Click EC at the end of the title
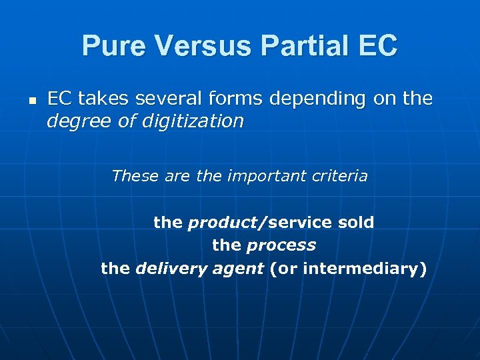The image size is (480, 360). coord(378,46)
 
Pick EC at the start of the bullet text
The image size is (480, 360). coord(59,99)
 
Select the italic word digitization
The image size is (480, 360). coord(197,121)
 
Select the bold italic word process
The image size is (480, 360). coord(281,245)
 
